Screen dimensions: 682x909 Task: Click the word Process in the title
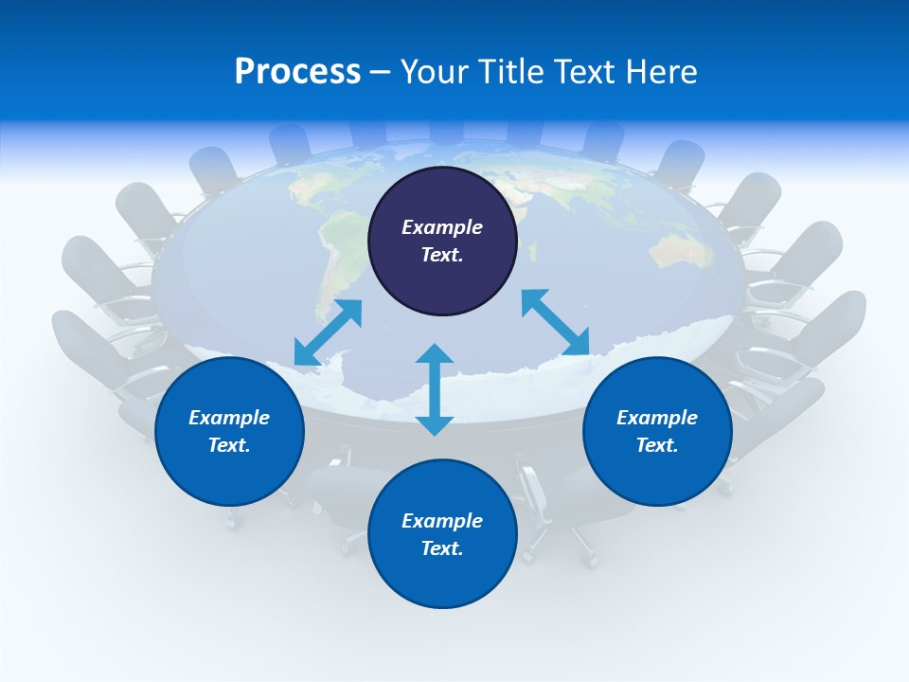(297, 72)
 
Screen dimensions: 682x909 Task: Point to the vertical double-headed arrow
(435, 389)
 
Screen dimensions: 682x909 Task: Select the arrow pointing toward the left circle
(328, 332)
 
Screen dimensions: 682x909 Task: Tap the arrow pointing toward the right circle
(556, 322)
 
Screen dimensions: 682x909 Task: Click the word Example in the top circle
(442, 227)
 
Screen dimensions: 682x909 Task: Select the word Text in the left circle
(229, 445)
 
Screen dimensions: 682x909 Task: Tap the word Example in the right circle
(657, 418)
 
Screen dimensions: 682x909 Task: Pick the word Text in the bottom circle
(442, 548)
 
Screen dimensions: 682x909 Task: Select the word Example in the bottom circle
(442, 521)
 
